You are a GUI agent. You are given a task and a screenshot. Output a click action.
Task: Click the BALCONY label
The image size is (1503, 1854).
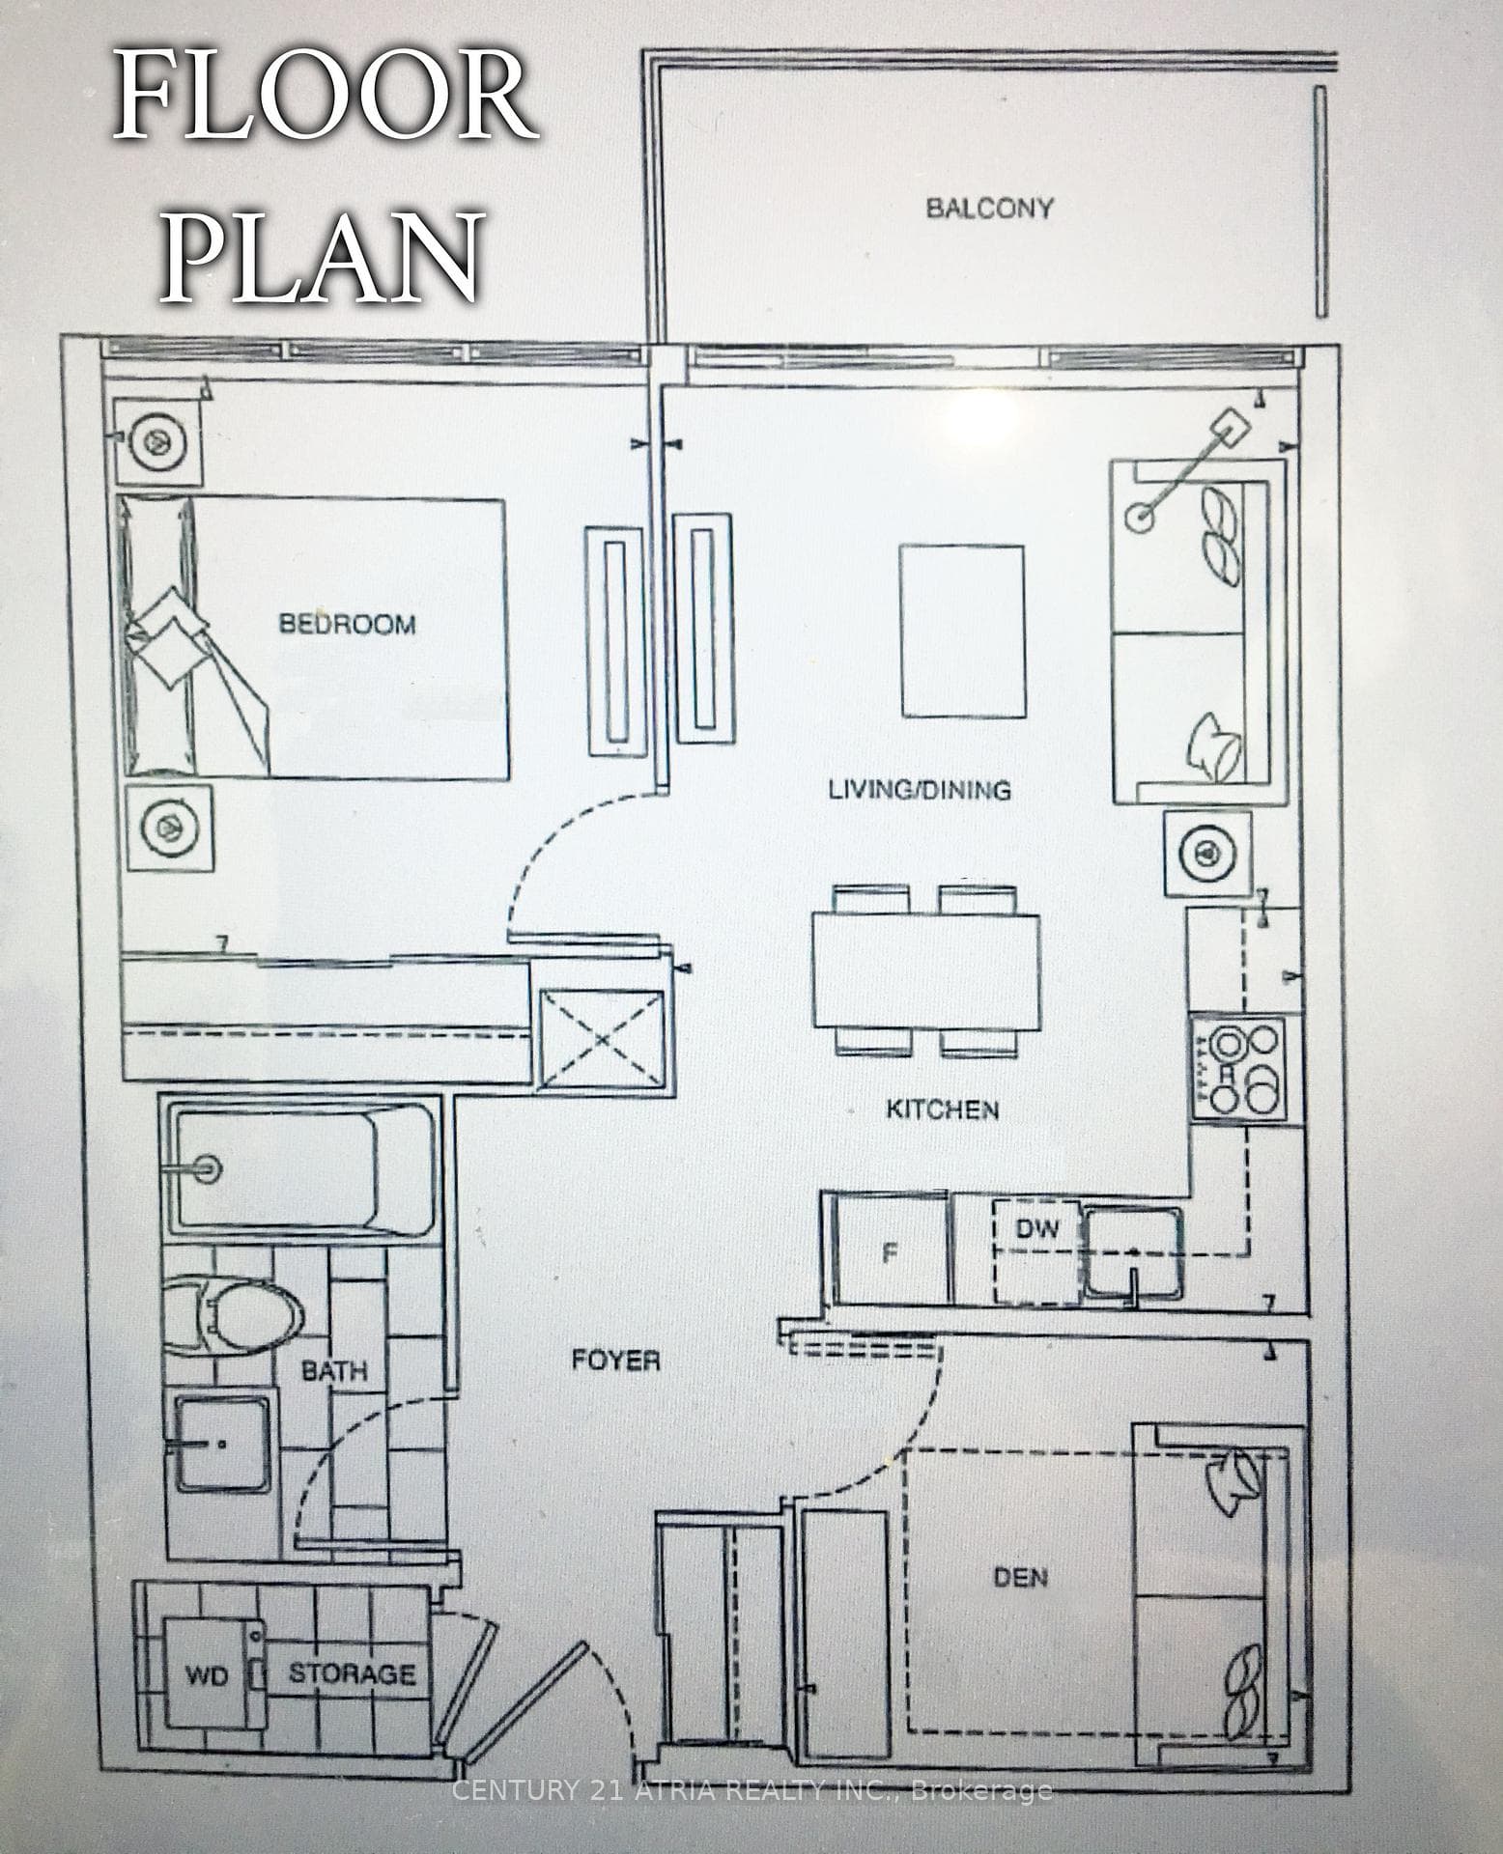989,208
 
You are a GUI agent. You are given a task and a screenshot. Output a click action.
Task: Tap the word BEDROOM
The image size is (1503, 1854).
348,624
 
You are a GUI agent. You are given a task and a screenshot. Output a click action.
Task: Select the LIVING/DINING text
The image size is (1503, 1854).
920,789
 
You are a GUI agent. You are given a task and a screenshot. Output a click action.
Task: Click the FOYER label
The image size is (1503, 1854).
616,1361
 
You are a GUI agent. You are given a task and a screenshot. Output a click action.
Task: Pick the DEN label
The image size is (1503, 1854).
1021,1578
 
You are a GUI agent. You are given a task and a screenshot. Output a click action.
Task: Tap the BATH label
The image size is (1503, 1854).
334,1370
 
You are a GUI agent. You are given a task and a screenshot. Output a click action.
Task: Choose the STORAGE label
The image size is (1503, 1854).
353,1673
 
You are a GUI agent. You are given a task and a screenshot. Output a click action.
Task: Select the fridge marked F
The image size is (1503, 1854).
891,1252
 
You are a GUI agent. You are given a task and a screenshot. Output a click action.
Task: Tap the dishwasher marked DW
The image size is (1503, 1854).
1037,1252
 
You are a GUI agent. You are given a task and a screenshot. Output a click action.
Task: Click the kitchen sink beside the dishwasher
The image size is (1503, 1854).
1132,1253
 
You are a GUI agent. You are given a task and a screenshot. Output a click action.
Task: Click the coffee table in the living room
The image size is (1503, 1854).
963,631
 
